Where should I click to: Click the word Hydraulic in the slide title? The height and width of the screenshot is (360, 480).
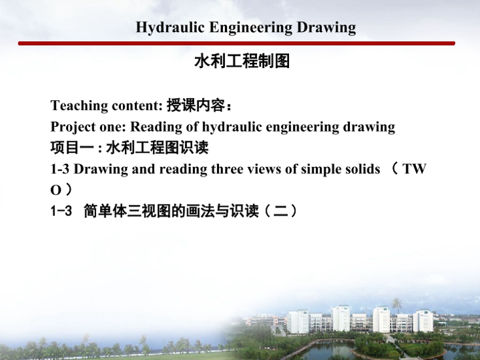pyautogui.click(x=170, y=28)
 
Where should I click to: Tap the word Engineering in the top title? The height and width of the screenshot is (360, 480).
pyautogui.click(x=251, y=28)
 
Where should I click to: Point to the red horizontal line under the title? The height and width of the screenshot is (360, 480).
pyautogui.click(x=237, y=43)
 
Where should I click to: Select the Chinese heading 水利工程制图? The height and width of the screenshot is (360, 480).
pyautogui.click(x=242, y=61)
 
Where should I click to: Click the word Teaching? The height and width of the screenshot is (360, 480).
pyautogui.click(x=79, y=106)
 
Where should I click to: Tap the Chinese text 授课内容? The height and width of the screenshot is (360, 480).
pyautogui.click(x=196, y=105)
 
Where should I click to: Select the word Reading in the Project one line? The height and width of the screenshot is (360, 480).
pyautogui.click(x=156, y=127)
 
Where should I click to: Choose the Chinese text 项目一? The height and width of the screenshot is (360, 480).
pyautogui.click(x=72, y=147)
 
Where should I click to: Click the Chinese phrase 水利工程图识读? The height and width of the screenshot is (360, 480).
pyautogui.click(x=158, y=147)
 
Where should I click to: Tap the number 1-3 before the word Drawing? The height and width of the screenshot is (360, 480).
pyautogui.click(x=60, y=169)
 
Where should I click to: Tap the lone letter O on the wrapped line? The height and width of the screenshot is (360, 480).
pyautogui.click(x=56, y=191)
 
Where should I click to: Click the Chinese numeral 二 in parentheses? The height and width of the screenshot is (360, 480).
pyautogui.click(x=281, y=211)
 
